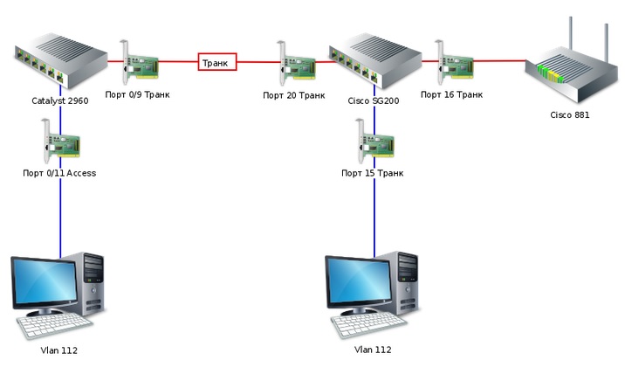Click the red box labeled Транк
coord(217,63)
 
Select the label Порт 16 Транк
coord(451,94)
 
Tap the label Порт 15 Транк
coord(373,173)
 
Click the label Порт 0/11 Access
coord(59,173)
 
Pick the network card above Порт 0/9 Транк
coord(140,62)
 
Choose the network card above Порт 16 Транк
coord(453,62)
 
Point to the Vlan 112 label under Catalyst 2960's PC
coord(59,350)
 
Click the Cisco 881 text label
coord(570,114)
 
